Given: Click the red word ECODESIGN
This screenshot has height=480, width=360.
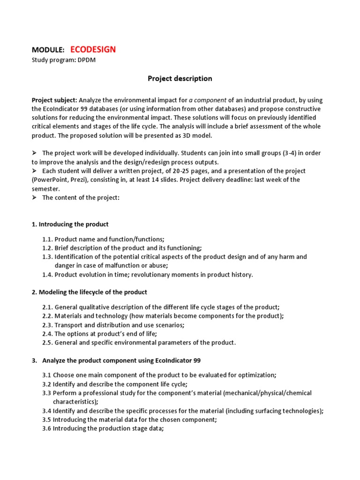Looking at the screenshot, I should coord(93,49).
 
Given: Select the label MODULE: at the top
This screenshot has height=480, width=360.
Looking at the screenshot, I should coord(48,50).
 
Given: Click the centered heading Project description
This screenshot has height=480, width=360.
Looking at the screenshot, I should coord(180,79).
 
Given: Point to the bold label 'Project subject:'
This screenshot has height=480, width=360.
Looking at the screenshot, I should coord(54,100).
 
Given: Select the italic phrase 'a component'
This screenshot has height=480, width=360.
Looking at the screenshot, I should coord(208,100).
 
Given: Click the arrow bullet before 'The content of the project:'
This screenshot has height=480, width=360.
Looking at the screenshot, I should coord(34,197).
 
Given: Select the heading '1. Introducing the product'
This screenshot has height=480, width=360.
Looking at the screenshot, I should coord(70,224).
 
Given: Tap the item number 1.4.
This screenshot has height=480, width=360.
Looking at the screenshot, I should coord(47,275).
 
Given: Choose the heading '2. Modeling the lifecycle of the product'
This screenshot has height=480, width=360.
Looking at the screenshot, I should coord(89,292).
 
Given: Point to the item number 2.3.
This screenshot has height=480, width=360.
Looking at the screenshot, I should coord(47,325).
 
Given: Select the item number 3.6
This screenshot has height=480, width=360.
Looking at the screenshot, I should coord(47,428).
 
